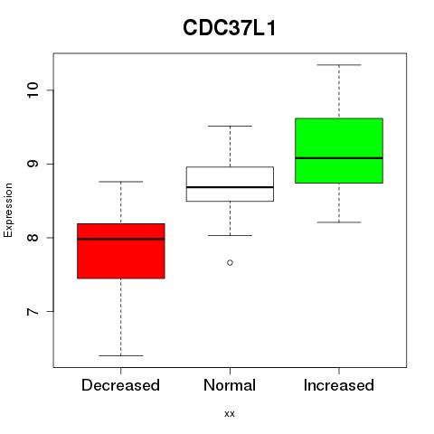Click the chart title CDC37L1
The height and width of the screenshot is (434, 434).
pos(230,28)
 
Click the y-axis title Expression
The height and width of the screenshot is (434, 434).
pos(8,210)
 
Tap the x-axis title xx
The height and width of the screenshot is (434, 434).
pos(230,413)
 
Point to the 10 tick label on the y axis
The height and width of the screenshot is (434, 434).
pos(33,90)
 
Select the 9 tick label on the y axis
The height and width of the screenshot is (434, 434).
pos(33,164)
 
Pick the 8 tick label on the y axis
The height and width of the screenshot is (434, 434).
pos(33,238)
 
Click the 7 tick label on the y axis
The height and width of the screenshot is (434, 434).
pos(33,311)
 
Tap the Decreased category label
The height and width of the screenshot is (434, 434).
pos(120,385)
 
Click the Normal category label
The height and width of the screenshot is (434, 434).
pos(230,385)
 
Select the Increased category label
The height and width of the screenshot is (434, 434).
pos(339,385)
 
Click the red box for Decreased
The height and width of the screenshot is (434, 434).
pos(121,251)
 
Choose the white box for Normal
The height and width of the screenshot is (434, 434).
pos(230,184)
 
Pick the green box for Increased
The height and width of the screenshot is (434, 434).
pos(339,150)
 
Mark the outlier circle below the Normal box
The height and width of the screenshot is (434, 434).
pos(230,263)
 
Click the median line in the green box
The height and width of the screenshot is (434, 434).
pos(339,158)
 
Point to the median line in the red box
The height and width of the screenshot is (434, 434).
pos(121,239)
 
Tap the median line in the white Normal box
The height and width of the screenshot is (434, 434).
pos(230,187)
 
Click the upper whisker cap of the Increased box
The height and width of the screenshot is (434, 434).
pos(339,65)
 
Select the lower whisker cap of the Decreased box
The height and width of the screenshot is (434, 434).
pos(121,355)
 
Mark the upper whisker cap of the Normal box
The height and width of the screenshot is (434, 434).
pos(230,126)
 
